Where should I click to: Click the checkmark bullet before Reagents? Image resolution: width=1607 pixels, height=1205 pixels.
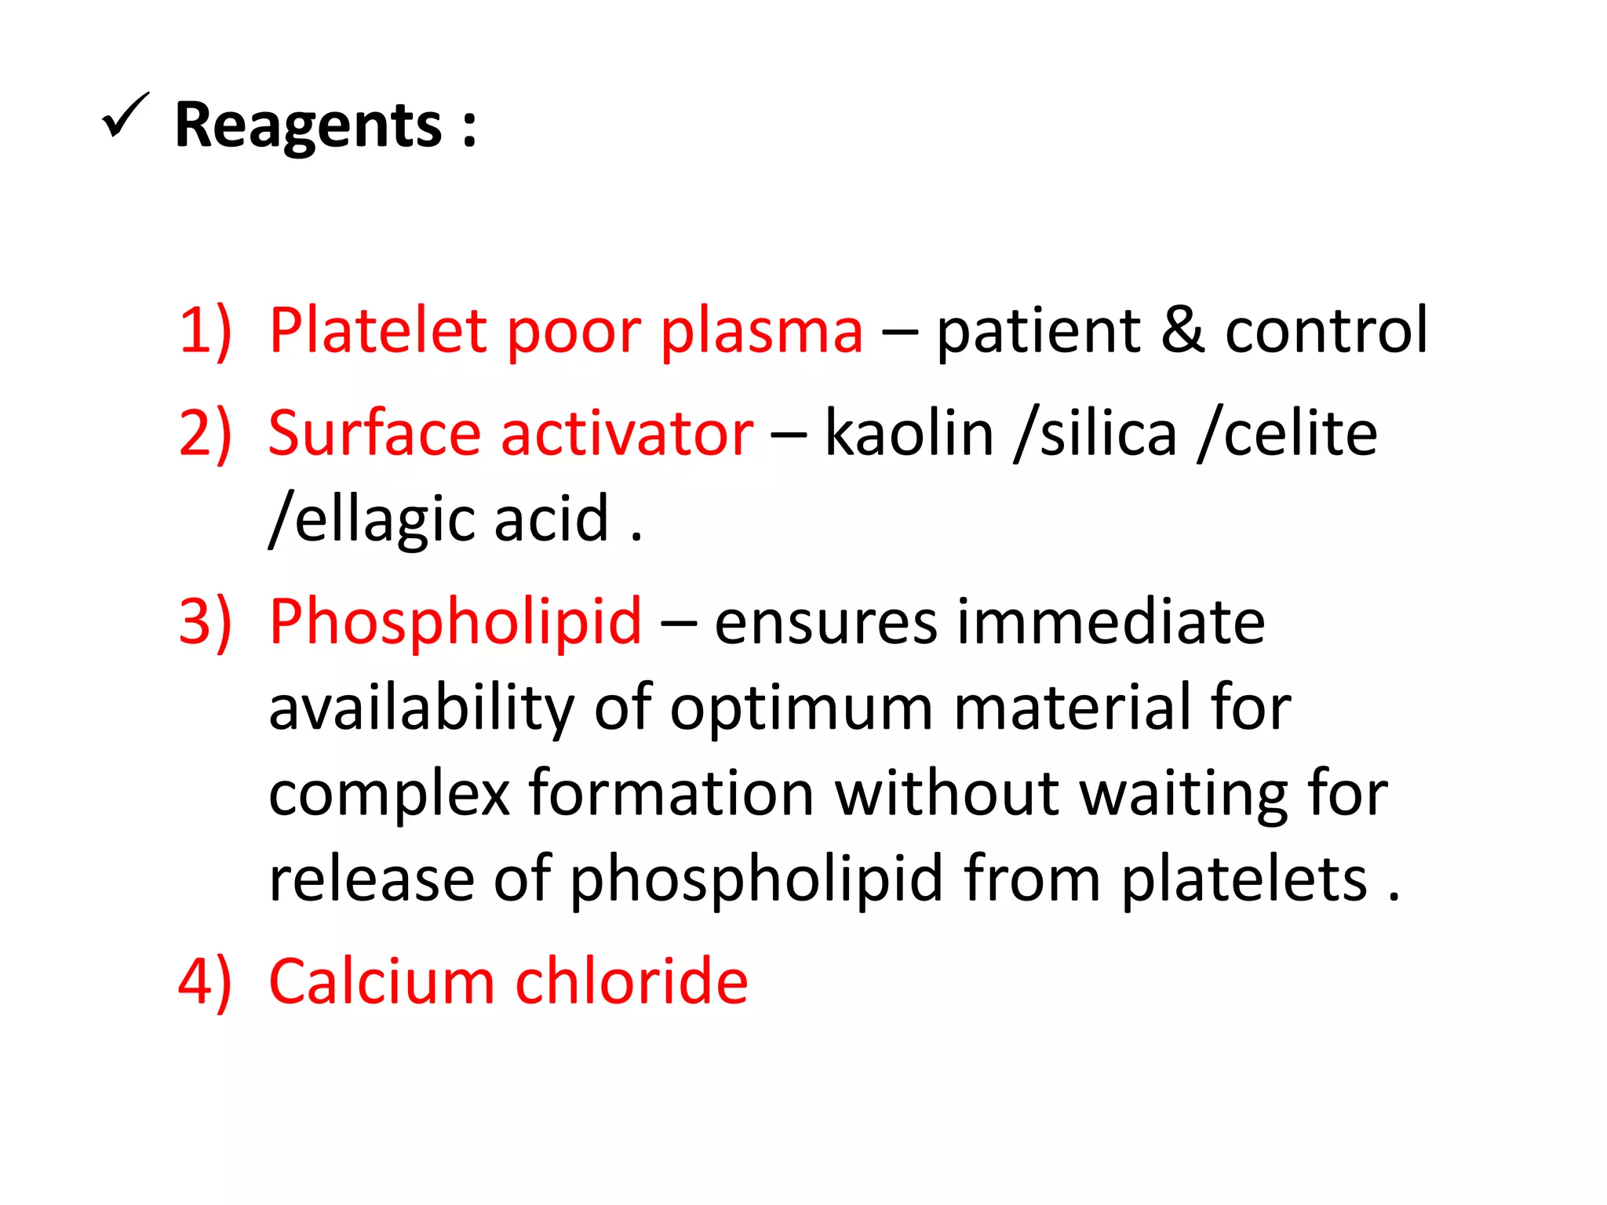pos(125,115)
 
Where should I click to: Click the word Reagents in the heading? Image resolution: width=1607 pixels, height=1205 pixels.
pos(308,126)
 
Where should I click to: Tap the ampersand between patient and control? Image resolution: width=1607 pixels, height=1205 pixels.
pos(1182,331)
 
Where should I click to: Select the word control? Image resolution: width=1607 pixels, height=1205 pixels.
pos(1326,331)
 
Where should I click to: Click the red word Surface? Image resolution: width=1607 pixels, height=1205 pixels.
pos(374,434)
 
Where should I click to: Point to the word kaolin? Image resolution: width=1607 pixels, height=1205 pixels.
pos(909,434)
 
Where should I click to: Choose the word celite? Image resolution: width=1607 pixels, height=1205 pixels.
pos(1300,434)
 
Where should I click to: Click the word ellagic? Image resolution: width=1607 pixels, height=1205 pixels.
pos(384,519)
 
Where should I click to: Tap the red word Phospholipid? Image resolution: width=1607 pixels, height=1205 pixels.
pos(455,623)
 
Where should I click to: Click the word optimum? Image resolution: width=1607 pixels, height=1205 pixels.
pos(801,708)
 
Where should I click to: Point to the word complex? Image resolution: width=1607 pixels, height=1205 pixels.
pos(389,795)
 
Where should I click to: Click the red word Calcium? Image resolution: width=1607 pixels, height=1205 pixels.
pos(381,981)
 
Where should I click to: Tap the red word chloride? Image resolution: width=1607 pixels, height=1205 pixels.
pos(632,981)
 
